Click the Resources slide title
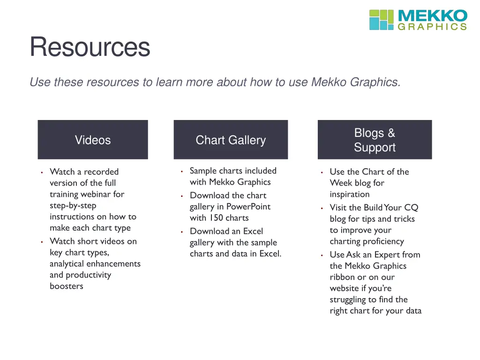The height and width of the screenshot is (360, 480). click(x=90, y=47)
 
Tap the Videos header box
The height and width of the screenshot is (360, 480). click(x=93, y=140)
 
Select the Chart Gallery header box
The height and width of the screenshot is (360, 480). click(x=231, y=140)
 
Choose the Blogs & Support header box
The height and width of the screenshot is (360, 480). click(x=375, y=140)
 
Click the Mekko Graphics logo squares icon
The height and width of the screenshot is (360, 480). click(x=381, y=20)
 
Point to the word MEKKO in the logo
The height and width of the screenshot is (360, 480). click(x=432, y=16)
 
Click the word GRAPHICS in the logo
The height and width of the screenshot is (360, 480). click(x=432, y=27)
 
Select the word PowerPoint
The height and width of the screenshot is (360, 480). click(x=248, y=207)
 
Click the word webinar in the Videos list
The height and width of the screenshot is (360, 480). click(x=109, y=194)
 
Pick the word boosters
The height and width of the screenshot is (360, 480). click(x=67, y=286)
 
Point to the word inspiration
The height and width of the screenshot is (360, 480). click(x=350, y=194)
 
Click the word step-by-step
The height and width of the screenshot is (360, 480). click(x=73, y=205)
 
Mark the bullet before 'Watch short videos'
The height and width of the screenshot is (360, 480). click(x=42, y=242)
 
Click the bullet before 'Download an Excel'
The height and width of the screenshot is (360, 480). click(x=181, y=232)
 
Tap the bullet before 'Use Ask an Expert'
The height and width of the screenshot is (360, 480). click(x=322, y=255)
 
